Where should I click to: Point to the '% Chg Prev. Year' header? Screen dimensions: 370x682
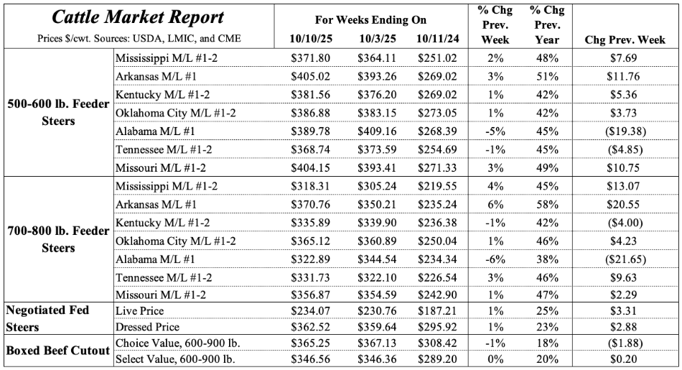547,24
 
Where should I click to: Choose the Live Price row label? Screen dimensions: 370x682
139,310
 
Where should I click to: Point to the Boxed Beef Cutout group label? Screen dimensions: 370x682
57,351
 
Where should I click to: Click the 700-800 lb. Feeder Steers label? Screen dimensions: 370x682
57,240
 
